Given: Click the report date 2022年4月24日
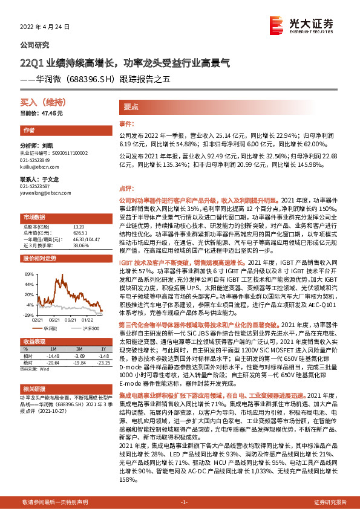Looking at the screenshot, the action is pyautogui.click(x=40, y=27).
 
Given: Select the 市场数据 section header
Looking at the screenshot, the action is pyautogui.click(x=34, y=216).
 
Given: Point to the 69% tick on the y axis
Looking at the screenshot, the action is pyautogui.click(x=29, y=274).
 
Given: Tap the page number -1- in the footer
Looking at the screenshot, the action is pyautogui.click(x=185, y=502).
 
